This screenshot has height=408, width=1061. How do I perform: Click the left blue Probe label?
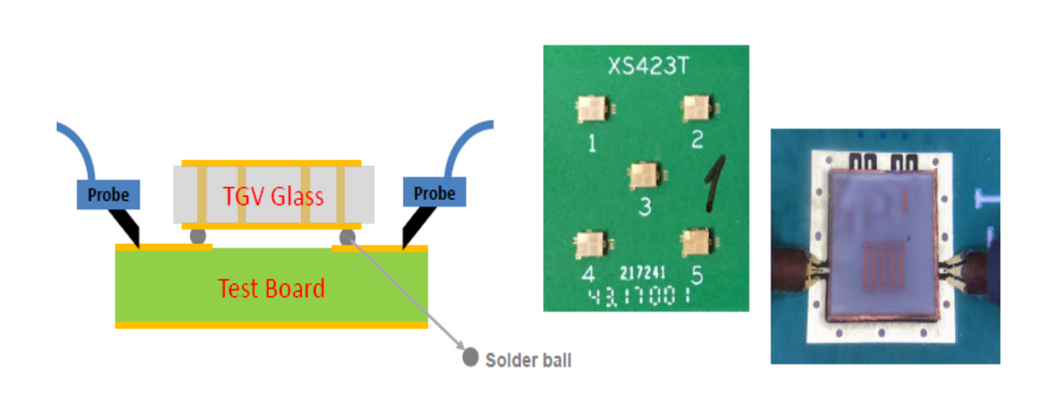pos(109,194)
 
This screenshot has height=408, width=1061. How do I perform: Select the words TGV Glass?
pos(272,197)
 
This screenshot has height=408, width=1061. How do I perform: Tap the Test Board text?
pos(271,287)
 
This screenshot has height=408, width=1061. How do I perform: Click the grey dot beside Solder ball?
pos(470,358)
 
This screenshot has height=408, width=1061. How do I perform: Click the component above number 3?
pos(641,175)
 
